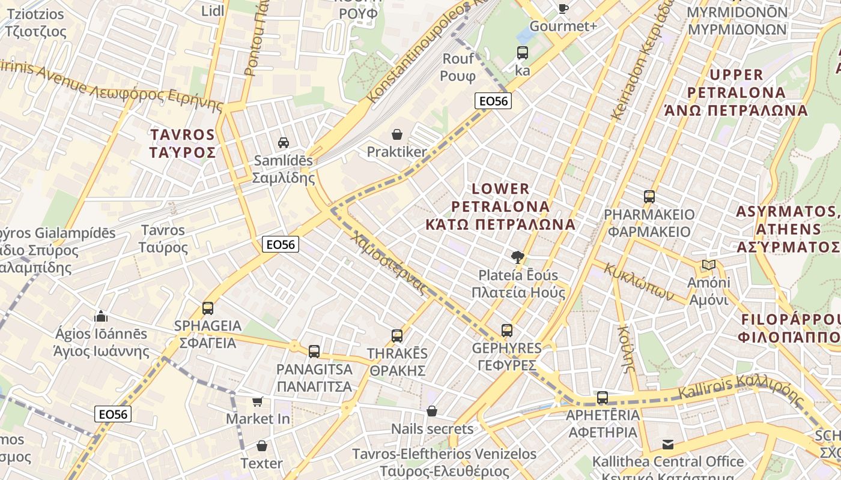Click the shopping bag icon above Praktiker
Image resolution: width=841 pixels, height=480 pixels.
click(x=396, y=134)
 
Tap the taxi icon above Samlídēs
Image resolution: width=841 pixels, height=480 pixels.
click(x=283, y=142)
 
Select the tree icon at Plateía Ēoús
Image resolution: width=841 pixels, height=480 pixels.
click(x=517, y=257)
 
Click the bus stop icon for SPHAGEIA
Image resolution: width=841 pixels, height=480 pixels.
click(x=207, y=308)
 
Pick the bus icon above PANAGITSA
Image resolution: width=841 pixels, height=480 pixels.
click(x=314, y=352)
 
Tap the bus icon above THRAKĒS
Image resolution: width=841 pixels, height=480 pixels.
click(x=396, y=335)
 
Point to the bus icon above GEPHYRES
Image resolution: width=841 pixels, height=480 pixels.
click(x=506, y=331)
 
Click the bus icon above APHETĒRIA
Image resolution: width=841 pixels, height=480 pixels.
click(x=602, y=398)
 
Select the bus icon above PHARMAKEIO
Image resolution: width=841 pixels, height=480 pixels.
click(x=649, y=197)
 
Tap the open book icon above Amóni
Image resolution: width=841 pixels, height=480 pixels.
click(x=709, y=265)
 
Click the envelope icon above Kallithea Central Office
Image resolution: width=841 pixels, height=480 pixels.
click(x=667, y=445)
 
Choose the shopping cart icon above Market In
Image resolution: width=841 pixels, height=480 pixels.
click(x=258, y=401)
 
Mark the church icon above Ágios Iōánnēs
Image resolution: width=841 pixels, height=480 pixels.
click(x=100, y=316)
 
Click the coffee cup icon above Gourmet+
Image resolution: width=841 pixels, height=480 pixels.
click(x=563, y=8)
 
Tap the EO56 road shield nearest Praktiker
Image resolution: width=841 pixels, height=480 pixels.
click(x=493, y=101)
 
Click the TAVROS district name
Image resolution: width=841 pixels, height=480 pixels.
click(x=183, y=134)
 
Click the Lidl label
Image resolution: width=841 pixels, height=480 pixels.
click(x=213, y=11)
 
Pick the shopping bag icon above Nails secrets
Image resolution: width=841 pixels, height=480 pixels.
click(x=431, y=411)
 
